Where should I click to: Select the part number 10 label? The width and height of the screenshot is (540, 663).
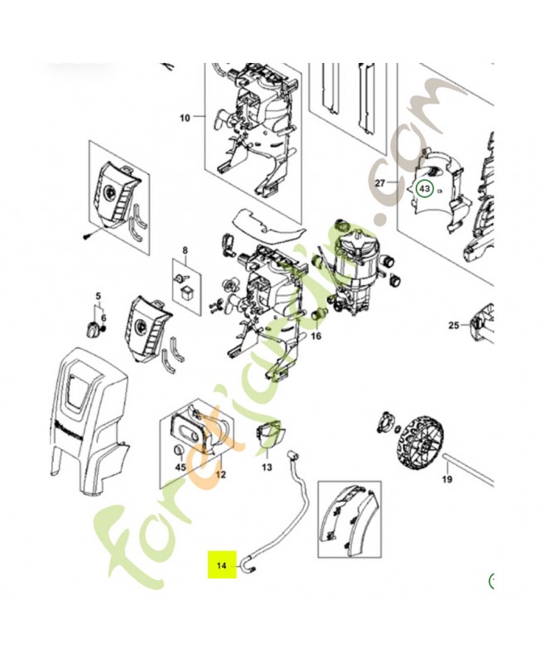click(185, 118)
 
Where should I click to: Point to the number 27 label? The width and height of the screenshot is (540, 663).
click(381, 183)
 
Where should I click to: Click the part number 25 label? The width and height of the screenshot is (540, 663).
click(453, 326)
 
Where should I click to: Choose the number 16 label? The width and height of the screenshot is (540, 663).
click(315, 337)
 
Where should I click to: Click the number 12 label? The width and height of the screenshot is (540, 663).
click(220, 474)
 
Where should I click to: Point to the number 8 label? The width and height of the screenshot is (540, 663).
click(185, 249)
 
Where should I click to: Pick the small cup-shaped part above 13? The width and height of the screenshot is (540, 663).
click(270, 434)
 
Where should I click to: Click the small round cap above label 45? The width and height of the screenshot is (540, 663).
click(180, 449)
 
